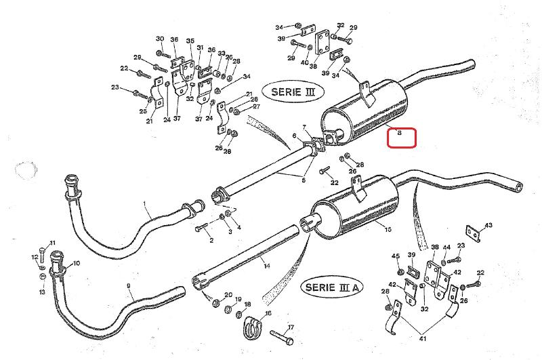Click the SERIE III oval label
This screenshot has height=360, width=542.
293,92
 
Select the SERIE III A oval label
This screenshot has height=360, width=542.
332,287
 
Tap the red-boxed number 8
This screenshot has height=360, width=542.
400,132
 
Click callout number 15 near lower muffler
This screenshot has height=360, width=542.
388,229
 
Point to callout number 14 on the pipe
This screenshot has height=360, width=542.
267,266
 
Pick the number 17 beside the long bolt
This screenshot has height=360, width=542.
291,327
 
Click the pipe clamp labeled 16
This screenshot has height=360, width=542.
252,327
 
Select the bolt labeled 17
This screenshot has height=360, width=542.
281,337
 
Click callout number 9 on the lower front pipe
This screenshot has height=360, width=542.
129,286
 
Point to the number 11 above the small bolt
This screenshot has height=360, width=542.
52,243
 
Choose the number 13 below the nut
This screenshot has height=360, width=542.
42,292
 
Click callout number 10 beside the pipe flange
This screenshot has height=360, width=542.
76,263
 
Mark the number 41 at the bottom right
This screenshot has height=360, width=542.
422,338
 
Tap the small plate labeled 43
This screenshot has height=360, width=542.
473,234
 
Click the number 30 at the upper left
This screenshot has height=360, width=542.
160,39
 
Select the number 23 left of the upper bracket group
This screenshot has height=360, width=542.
115,87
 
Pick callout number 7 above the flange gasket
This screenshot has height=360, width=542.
304,127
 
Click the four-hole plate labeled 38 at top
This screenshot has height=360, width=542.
322,42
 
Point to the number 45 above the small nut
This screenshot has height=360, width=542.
396,256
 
